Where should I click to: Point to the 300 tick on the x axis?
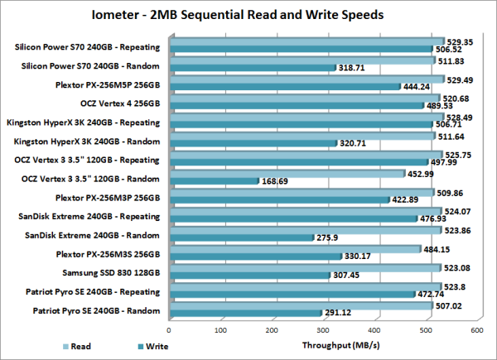323,328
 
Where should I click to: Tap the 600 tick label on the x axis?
476,328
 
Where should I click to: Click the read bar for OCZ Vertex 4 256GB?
302,98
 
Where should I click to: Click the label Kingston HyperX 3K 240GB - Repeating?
86,122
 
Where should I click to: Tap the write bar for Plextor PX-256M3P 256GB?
277,199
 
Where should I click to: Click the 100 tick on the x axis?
220,328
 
